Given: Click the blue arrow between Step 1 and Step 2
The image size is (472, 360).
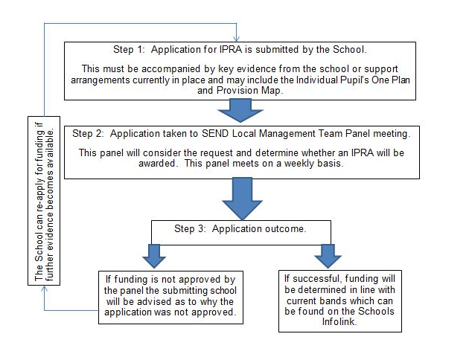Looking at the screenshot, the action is tap(240, 111).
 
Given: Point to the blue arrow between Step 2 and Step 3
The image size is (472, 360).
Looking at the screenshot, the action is tap(242, 199).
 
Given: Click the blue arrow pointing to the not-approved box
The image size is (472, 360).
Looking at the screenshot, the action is tap(154, 256).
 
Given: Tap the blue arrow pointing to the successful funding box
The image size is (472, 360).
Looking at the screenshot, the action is tap(328, 256).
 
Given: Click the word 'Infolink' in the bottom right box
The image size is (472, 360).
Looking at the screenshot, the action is tap(339, 321).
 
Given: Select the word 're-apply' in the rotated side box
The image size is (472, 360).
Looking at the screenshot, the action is tap(39, 190).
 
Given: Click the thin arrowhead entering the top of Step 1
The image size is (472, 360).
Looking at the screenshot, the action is tap(237, 39).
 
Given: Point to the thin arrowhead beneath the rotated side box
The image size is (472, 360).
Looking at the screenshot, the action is tap(44, 289).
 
